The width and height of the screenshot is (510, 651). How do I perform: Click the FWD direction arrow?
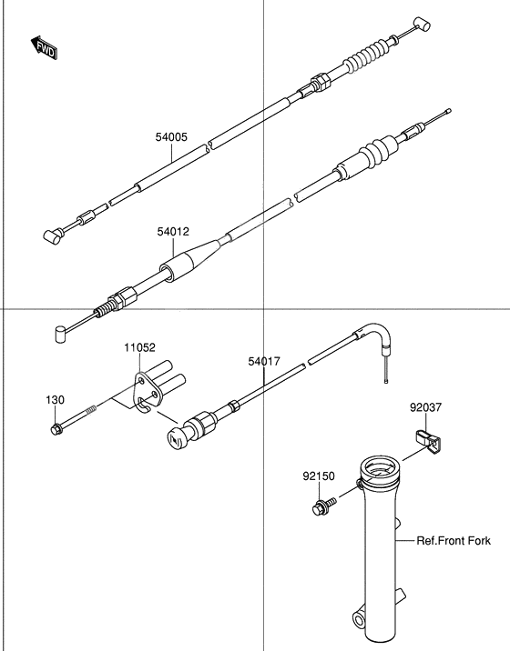(44, 48)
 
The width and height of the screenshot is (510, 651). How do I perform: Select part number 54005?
(170, 138)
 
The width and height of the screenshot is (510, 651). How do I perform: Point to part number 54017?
(263, 361)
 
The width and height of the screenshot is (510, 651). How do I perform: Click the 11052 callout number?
(140, 347)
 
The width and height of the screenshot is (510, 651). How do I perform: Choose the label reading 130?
(56, 400)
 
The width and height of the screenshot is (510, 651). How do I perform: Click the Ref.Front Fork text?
(454, 541)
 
